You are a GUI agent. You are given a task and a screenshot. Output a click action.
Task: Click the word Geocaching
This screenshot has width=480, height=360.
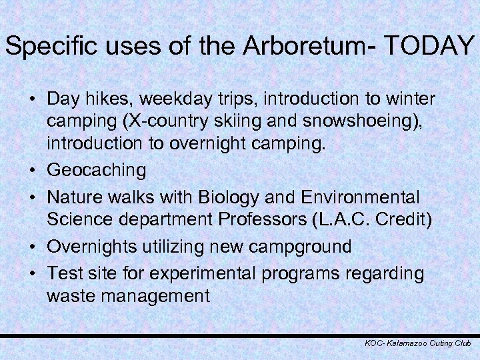(96, 171)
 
